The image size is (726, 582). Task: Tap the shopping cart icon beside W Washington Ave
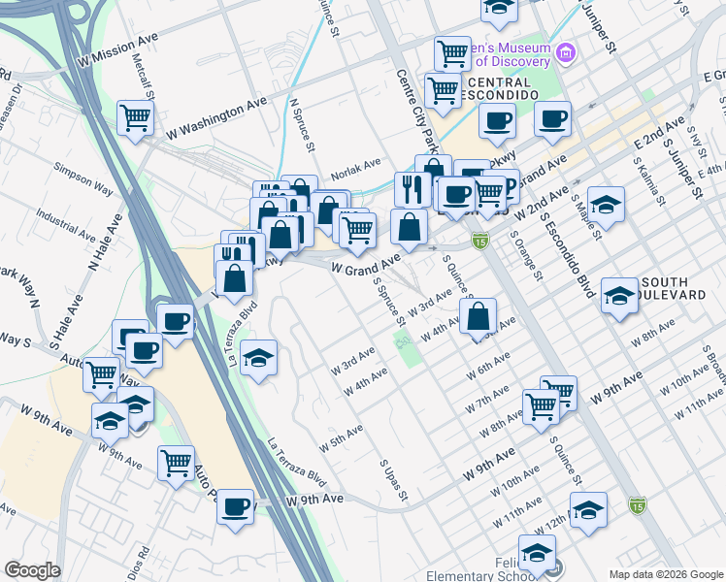click(135, 117)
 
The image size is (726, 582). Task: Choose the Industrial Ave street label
click(63, 224)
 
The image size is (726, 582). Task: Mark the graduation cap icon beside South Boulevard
click(618, 293)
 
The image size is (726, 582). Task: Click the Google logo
click(33, 570)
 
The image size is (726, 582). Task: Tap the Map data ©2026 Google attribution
click(666, 574)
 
